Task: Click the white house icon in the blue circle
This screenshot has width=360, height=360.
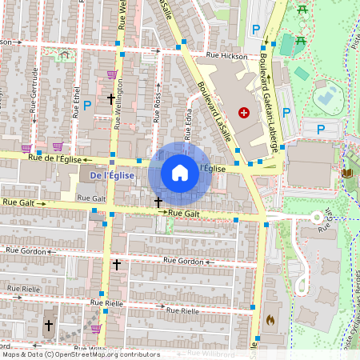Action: click(180, 173)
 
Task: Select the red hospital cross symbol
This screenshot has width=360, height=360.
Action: click(244, 113)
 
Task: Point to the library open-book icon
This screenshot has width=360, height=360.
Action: click(346, 173)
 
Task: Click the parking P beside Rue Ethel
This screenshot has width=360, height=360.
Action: click(87, 105)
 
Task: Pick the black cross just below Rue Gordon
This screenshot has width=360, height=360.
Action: click(117, 264)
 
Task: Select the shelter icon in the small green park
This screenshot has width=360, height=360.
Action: click(63, 55)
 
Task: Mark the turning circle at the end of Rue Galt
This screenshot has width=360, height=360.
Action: click(317, 217)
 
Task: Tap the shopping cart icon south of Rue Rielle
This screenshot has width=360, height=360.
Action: click(96, 328)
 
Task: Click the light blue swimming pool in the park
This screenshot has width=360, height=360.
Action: click(326, 98)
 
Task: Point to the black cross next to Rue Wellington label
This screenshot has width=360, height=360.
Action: click(111, 99)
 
